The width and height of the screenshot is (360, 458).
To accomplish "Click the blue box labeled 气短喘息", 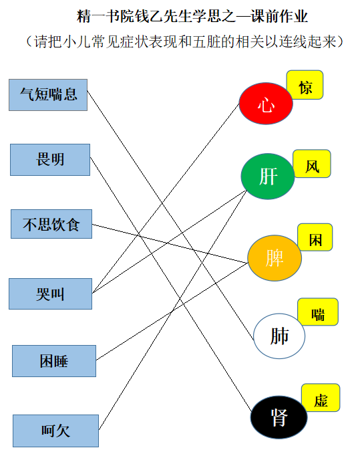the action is tap(48, 95).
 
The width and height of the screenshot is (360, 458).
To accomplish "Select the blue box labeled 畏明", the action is tap(50, 160).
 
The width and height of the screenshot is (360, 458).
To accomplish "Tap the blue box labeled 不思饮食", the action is tap(51, 224).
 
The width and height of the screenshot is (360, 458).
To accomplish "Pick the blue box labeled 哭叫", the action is tap(51, 294).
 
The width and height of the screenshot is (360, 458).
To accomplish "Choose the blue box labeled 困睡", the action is tap(54, 361).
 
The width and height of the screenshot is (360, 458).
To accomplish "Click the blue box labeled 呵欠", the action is tap(55, 431).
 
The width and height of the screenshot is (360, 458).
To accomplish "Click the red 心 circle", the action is tap(266, 104).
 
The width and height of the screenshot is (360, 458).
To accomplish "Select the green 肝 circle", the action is tap(268, 177).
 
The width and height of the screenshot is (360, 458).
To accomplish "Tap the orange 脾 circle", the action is tap(275, 258).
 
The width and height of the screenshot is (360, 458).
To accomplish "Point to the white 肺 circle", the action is tap(279, 336).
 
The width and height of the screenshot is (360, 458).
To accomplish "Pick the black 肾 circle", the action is tap(279, 417).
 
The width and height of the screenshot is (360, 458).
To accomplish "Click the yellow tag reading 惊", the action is tap(305, 85).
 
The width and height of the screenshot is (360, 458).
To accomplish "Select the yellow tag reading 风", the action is tap(312, 164).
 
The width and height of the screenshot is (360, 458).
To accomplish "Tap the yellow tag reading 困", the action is tap(315, 237).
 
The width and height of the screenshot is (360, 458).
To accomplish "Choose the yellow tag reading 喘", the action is tap(318, 312).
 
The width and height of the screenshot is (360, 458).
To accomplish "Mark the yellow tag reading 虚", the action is tap(321, 398).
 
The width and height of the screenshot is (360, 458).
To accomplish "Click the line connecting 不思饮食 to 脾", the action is tap(170, 243).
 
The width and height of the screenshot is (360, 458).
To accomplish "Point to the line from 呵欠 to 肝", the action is tap(173, 310).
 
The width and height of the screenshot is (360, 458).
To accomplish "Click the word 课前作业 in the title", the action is tap(279, 16).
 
